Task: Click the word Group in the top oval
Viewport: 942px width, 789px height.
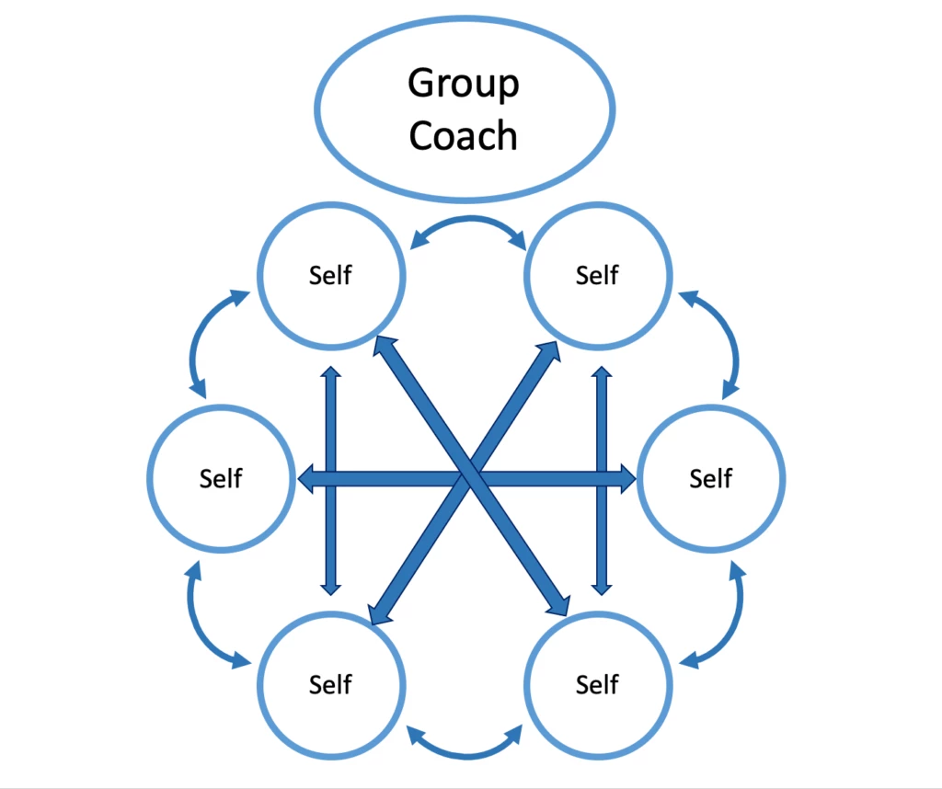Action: pos(463,85)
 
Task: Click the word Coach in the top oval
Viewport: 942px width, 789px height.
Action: pos(463,136)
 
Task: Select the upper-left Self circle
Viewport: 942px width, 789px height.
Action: pos(331,275)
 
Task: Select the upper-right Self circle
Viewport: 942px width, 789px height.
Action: pos(597,275)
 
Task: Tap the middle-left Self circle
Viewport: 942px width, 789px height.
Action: pos(221,478)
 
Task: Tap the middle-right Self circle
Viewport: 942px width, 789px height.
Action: pos(711,478)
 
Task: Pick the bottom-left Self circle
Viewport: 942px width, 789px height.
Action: pos(331,684)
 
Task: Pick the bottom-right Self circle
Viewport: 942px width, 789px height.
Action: pos(597,684)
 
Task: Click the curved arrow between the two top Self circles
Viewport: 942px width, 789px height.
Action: pos(467,224)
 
